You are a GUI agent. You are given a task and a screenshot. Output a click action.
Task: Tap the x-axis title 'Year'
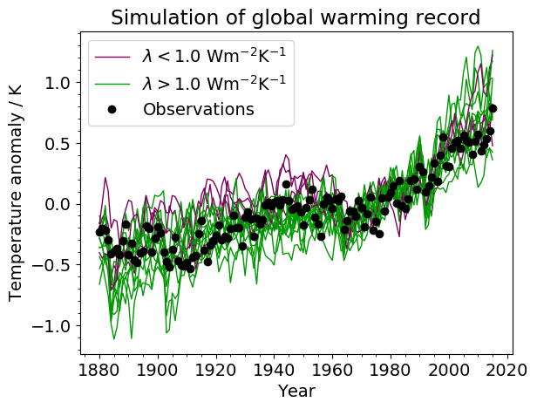click(x=296, y=392)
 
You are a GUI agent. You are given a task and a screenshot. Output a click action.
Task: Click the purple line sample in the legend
click(x=112, y=57)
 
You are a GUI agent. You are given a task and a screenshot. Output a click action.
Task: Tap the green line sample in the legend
click(x=112, y=83)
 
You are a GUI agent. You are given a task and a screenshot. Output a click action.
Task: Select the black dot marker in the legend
click(x=112, y=109)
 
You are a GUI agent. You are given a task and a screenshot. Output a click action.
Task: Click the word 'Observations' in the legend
click(x=198, y=109)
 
